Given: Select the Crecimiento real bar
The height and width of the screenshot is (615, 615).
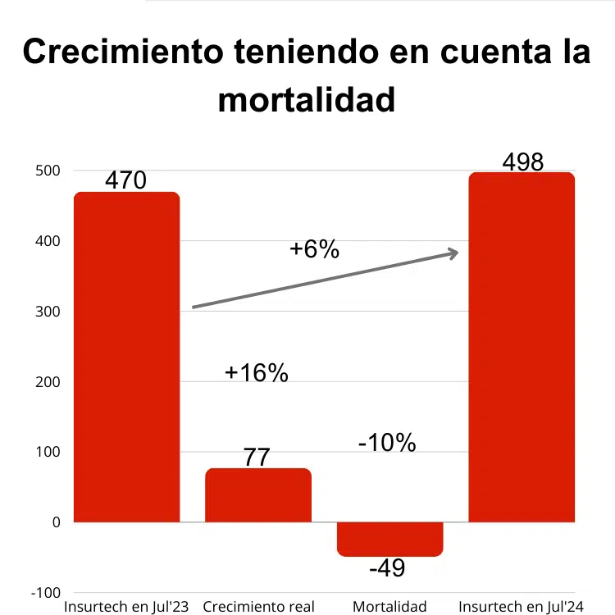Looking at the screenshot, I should tap(258, 495).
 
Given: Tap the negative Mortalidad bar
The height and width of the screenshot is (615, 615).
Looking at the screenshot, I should tap(390, 539).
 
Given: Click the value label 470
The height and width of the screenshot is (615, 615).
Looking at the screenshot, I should tap(125, 180).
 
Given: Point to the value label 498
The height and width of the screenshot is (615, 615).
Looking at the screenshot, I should tap(523, 162).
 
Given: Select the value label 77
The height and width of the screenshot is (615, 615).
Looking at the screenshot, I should tap(257, 457).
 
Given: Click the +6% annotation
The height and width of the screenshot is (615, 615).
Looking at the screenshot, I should tap(314, 249).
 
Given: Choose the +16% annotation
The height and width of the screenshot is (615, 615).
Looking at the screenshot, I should tap(257, 373).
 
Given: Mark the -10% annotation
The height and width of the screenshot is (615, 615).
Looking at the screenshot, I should tap(387, 443).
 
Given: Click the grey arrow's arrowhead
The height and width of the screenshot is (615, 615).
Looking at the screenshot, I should tap(452, 253).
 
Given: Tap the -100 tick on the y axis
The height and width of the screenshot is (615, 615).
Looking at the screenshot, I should tap(44, 592).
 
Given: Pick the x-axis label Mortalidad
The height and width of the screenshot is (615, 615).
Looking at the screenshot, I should tap(389, 607).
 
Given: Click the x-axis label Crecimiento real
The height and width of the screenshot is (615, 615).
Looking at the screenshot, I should tap(258, 607).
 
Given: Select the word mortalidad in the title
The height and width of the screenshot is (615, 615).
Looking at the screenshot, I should tap(307, 100).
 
